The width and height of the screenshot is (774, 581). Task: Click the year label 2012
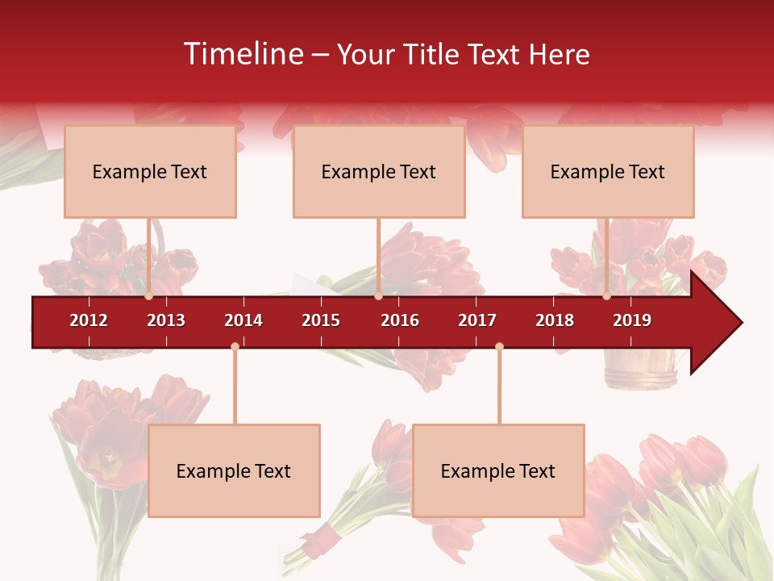tap(89, 320)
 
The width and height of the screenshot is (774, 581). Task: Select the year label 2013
tap(166, 320)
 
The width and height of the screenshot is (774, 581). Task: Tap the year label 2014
tap(243, 320)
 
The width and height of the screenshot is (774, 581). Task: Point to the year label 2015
tap(321, 320)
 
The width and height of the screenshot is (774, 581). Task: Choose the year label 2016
tap(400, 320)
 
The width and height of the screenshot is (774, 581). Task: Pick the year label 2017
tap(477, 320)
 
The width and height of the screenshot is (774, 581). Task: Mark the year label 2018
tap(555, 320)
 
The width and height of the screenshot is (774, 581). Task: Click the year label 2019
tap(632, 320)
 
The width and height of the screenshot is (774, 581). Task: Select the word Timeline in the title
tap(242, 54)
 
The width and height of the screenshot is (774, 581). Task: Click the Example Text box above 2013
tap(150, 171)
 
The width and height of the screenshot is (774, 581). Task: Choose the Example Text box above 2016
tap(379, 171)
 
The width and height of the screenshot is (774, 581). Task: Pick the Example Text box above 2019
tap(608, 171)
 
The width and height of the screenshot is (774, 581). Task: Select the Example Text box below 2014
tap(234, 470)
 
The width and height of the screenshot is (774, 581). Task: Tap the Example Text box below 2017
tap(498, 470)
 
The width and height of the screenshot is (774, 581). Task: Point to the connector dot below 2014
tap(235, 346)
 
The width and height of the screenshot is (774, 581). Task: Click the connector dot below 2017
tap(499, 346)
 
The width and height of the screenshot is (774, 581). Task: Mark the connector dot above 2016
tap(378, 296)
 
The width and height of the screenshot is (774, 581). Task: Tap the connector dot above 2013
tap(148, 296)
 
